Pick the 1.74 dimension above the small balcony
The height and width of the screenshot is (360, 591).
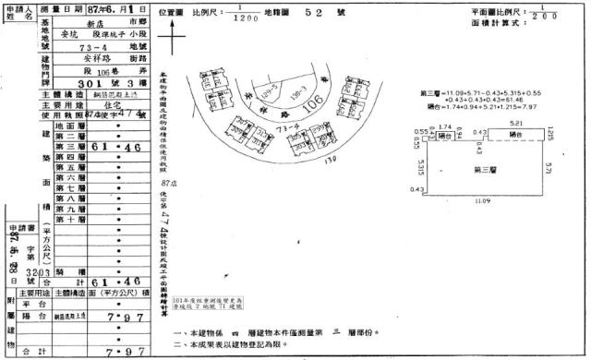(x=443, y=125)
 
